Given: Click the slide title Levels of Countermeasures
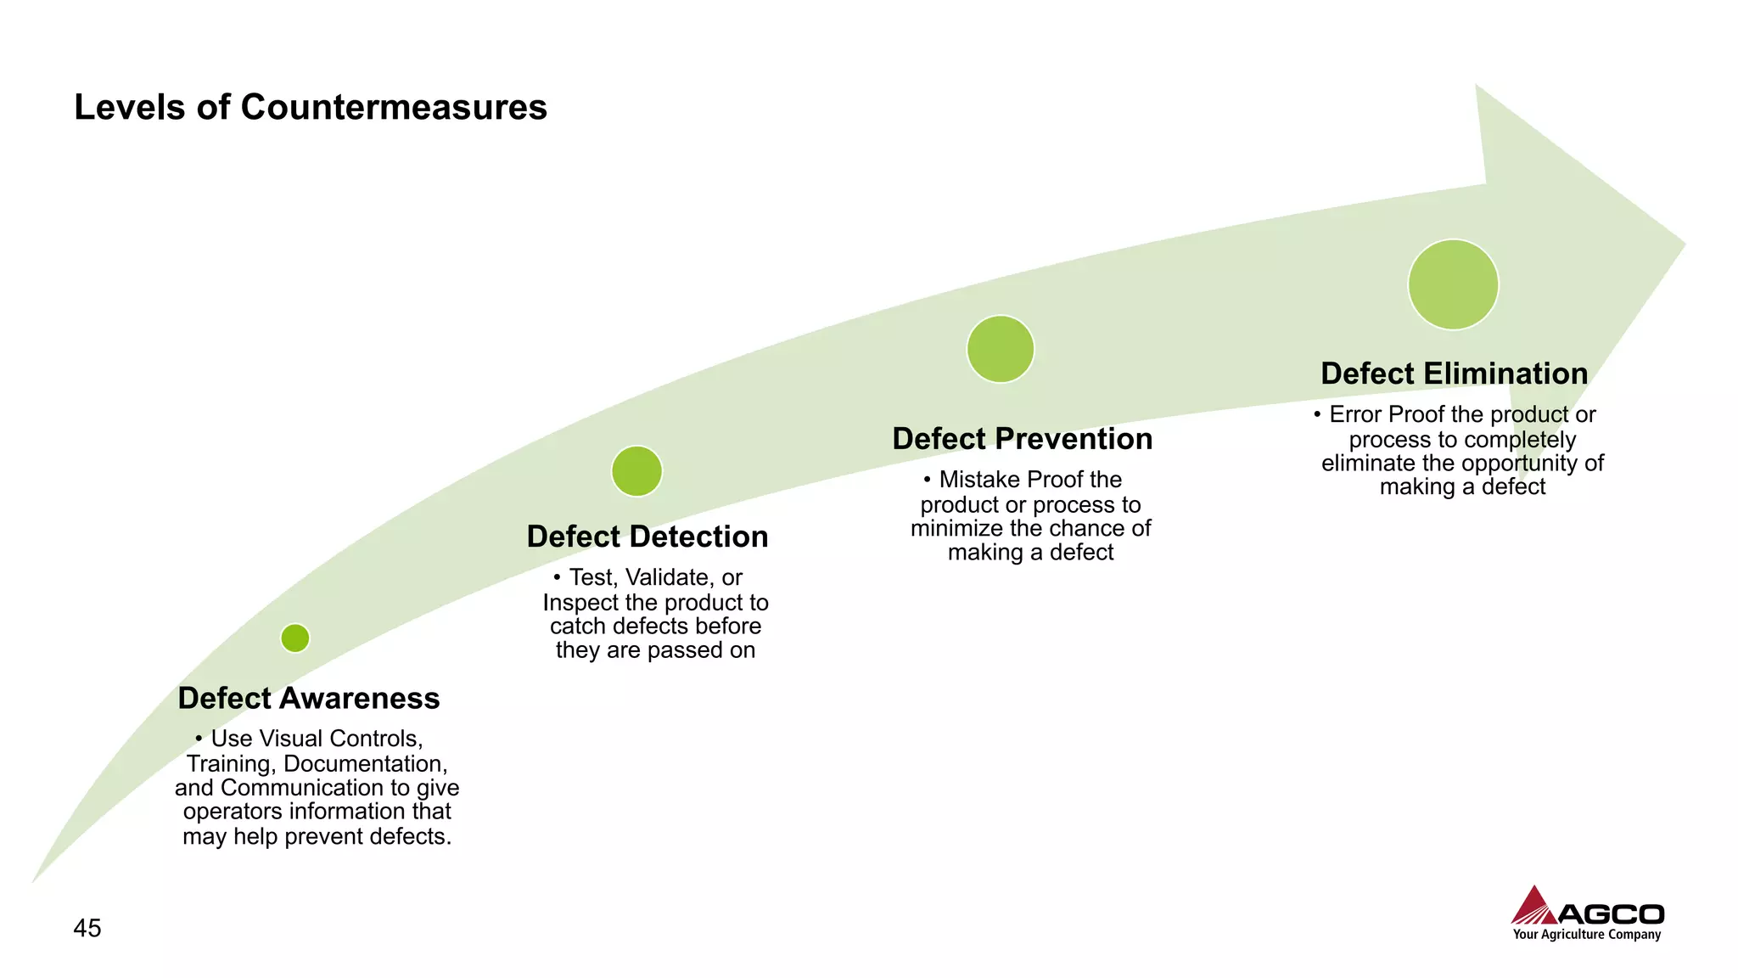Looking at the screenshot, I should click(311, 108).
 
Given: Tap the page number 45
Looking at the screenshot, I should click(87, 928).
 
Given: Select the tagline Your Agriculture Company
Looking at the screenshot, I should click(1586, 935).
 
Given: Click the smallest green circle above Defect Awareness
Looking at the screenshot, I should click(295, 638).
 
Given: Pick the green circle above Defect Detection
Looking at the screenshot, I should click(636, 471).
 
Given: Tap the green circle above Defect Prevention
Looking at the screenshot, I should click(1001, 349).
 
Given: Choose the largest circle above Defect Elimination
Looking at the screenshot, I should click(1453, 284).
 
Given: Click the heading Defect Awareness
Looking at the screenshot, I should click(309, 698).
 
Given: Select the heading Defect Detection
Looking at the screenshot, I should click(648, 537).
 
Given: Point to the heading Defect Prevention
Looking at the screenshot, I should click(1023, 439).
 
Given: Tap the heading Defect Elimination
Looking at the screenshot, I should click(1455, 374).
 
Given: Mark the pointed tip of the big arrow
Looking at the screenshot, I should click(1683, 244).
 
